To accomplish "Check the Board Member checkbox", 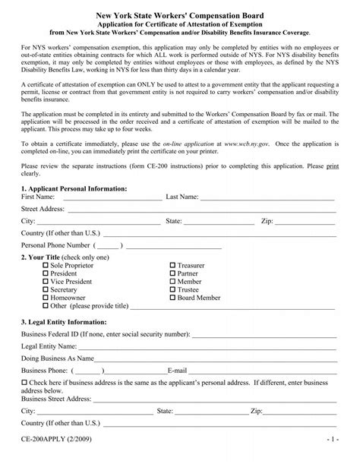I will coord(173,298).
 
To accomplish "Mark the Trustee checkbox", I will coord(173,289).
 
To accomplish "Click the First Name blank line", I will coord(112,199).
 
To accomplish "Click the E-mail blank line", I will coord(257,373).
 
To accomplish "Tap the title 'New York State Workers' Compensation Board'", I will coord(179,13).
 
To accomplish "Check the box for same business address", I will coord(24,382).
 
